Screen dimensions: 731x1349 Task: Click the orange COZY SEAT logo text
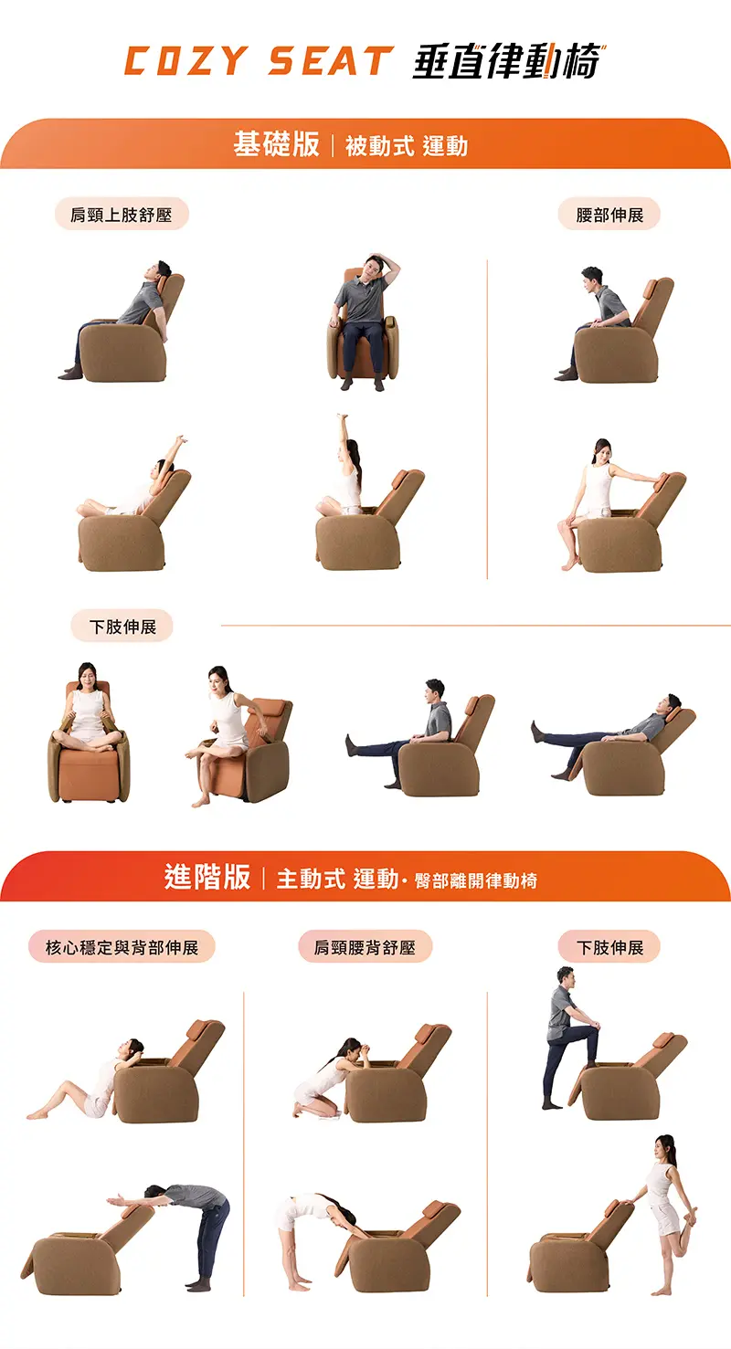pyautogui.click(x=260, y=61)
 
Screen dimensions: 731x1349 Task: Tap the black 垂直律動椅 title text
pyautogui.click(x=509, y=61)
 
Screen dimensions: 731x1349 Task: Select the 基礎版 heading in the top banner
pyautogui.click(x=276, y=144)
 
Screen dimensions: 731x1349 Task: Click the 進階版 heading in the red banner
pyautogui.click(x=207, y=877)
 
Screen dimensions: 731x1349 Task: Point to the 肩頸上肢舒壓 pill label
pyautogui.click(x=122, y=215)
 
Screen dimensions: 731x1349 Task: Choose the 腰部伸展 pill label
pyautogui.click(x=609, y=215)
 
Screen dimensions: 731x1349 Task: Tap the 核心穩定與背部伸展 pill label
pyautogui.click(x=122, y=947)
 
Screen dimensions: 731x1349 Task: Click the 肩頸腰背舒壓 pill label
pyautogui.click(x=365, y=947)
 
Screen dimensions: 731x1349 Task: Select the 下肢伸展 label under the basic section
pyautogui.click(x=122, y=627)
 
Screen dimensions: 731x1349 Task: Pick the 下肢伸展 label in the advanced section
pyautogui.click(x=609, y=947)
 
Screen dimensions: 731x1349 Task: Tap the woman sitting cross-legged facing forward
pyautogui.click(x=88, y=710)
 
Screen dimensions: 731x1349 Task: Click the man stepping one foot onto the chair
pyautogui.click(x=569, y=1037)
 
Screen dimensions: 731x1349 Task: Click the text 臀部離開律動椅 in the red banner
pyautogui.click(x=476, y=880)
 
